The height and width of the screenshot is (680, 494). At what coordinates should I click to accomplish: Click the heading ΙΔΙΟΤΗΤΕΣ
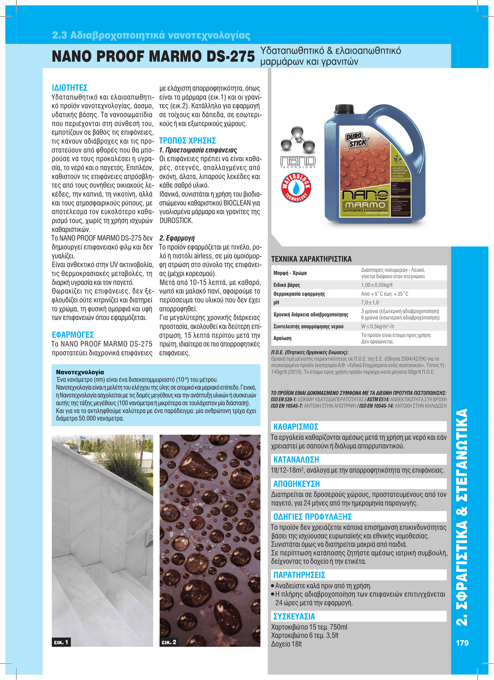tap(69, 88)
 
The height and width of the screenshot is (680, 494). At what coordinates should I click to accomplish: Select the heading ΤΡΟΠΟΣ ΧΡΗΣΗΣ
tap(187, 141)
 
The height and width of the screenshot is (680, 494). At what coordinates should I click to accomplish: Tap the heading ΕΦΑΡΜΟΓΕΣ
tap(73, 335)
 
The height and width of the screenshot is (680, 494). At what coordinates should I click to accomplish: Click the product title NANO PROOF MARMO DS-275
tap(153, 57)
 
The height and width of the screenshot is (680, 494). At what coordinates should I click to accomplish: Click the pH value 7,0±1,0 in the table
tap(370, 303)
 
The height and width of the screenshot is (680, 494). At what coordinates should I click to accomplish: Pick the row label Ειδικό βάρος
tap(286, 285)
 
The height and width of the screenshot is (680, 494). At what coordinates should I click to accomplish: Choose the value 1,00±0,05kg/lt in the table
tap(377, 285)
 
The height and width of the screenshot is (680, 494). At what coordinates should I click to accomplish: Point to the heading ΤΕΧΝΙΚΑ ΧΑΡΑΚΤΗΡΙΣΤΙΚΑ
tap(311, 259)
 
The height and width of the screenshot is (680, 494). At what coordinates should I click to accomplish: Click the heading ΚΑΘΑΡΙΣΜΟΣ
tap(296, 427)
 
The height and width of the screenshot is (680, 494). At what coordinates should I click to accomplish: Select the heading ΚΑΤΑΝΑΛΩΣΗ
tap(296, 460)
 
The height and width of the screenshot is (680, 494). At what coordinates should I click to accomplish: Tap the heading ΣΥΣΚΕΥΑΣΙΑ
tap(294, 616)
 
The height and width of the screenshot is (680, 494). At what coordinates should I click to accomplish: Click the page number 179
tap(462, 643)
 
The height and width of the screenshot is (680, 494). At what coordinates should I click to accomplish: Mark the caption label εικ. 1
tap(61, 642)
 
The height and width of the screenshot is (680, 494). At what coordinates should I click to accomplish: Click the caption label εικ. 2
tap(169, 642)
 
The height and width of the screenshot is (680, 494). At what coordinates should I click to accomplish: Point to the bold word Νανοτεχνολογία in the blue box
tap(80, 372)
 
